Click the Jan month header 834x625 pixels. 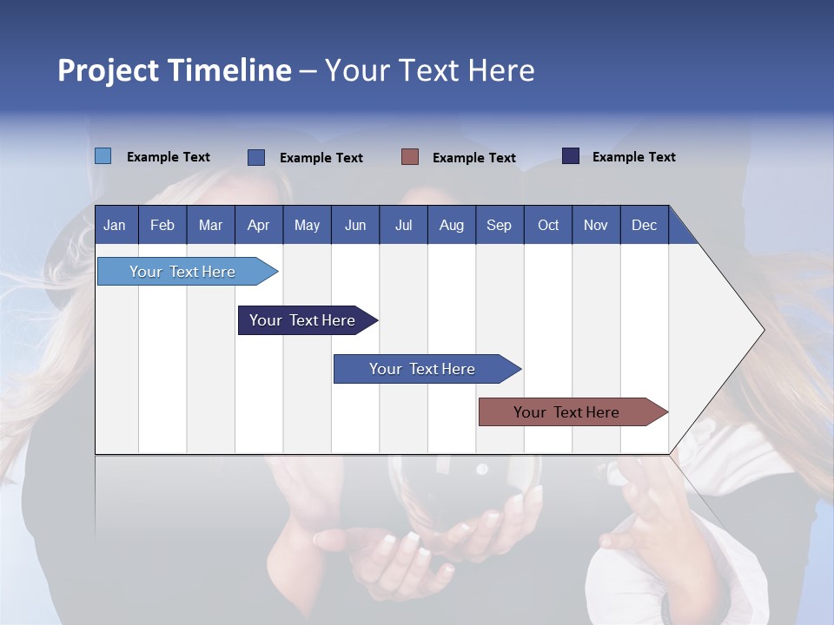coord(115,225)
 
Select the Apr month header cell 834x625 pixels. coord(259,225)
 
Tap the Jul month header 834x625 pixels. coord(403,225)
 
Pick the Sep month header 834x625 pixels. coord(499,225)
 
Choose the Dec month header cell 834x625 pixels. coord(644,225)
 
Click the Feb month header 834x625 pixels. coord(162,225)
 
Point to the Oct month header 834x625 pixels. coord(548,225)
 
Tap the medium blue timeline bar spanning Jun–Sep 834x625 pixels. coord(423,369)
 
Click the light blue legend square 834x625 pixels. coord(103,156)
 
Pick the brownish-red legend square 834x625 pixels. coord(410,157)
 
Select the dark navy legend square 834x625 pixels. coord(571,156)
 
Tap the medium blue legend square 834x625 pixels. coord(256,157)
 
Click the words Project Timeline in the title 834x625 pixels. coord(175,70)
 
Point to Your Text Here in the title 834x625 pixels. coord(430,70)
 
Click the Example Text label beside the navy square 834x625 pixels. coord(633,157)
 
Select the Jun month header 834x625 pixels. coord(355,225)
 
